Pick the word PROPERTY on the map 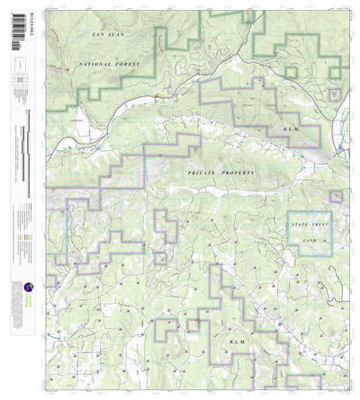click(238, 170)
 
